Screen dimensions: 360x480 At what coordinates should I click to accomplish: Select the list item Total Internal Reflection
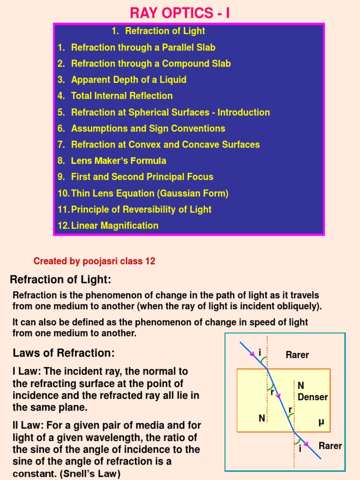(x=121, y=96)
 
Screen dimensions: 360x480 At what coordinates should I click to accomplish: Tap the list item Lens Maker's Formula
(x=118, y=161)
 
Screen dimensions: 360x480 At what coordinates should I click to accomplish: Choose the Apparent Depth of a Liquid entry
(x=128, y=80)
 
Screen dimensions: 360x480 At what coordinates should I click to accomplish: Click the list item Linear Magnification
(x=114, y=225)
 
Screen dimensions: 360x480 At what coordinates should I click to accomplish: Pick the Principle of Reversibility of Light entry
(x=141, y=210)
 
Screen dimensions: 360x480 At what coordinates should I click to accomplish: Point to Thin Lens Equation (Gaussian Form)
(x=150, y=193)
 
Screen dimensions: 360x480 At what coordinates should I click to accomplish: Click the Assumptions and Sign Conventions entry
(x=148, y=128)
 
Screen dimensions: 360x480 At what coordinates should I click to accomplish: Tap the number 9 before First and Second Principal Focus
(x=61, y=177)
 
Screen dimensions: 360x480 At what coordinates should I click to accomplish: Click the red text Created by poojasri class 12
(x=94, y=262)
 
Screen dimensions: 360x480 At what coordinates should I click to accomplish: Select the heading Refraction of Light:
(x=60, y=280)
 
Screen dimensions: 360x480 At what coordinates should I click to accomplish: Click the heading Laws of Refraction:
(x=63, y=353)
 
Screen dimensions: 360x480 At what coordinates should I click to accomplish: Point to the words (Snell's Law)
(x=90, y=474)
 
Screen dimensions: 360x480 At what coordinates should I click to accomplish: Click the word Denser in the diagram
(x=313, y=397)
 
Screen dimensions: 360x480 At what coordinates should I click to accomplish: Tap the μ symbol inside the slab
(x=321, y=422)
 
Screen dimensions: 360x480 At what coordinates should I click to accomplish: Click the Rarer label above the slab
(x=297, y=355)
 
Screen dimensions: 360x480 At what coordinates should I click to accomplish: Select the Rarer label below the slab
(x=330, y=446)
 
